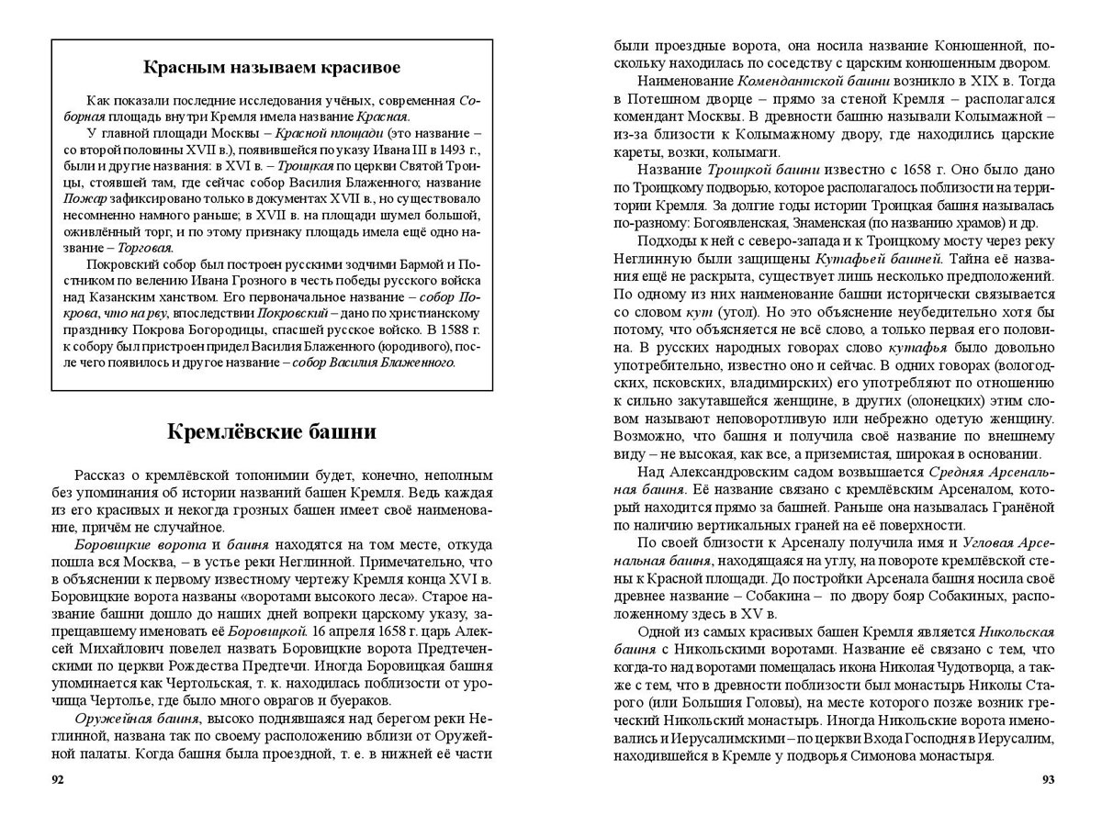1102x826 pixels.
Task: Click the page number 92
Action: pos(58,780)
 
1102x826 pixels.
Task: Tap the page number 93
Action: pos(1048,780)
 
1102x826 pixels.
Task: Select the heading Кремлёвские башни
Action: pos(272,431)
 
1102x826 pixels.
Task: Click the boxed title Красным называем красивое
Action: pos(272,67)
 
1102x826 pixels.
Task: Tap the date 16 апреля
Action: pos(340,631)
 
